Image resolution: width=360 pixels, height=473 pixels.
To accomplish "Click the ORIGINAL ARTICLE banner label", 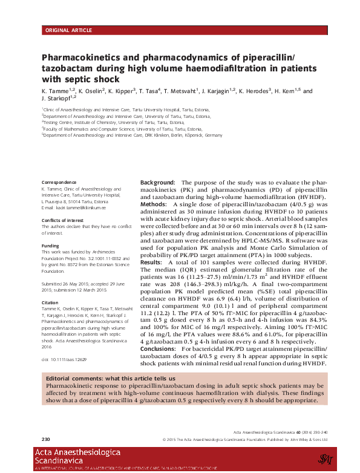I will [68, 30].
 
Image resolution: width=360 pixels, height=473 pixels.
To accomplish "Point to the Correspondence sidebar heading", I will [59, 182].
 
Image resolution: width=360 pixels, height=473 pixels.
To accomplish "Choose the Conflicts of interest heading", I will [65, 220].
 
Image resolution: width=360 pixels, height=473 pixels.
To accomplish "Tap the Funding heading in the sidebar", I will [50, 246].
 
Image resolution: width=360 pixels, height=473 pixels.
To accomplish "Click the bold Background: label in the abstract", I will [158, 183].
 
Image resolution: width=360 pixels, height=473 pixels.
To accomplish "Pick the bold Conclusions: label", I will [159, 349].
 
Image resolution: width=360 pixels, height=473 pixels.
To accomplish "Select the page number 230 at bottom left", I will [45, 439].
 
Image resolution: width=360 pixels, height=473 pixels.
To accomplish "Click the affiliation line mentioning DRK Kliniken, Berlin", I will [133, 135].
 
